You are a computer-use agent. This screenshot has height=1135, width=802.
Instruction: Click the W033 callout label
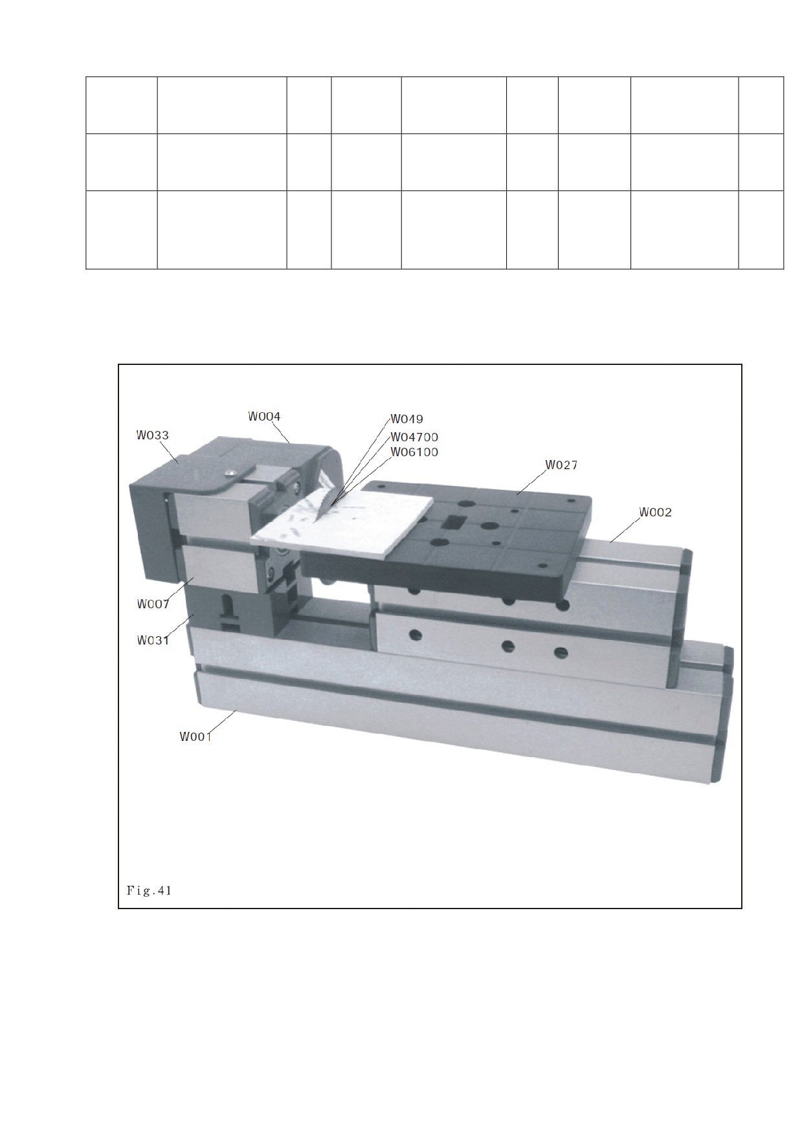(153, 435)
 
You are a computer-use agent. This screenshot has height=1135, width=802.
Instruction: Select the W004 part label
(264, 416)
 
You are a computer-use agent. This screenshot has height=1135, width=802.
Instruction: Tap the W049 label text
(407, 419)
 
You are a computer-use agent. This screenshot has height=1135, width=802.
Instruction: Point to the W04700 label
(414, 437)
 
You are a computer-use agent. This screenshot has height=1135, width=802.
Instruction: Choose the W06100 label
(414, 452)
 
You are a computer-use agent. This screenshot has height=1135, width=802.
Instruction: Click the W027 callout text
(561, 465)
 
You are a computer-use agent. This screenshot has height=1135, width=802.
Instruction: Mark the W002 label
(656, 512)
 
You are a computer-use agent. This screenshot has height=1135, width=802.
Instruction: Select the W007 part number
(153, 604)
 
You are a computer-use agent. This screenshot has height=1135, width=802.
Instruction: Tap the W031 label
(153, 641)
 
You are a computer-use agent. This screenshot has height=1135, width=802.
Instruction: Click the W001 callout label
(195, 736)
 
